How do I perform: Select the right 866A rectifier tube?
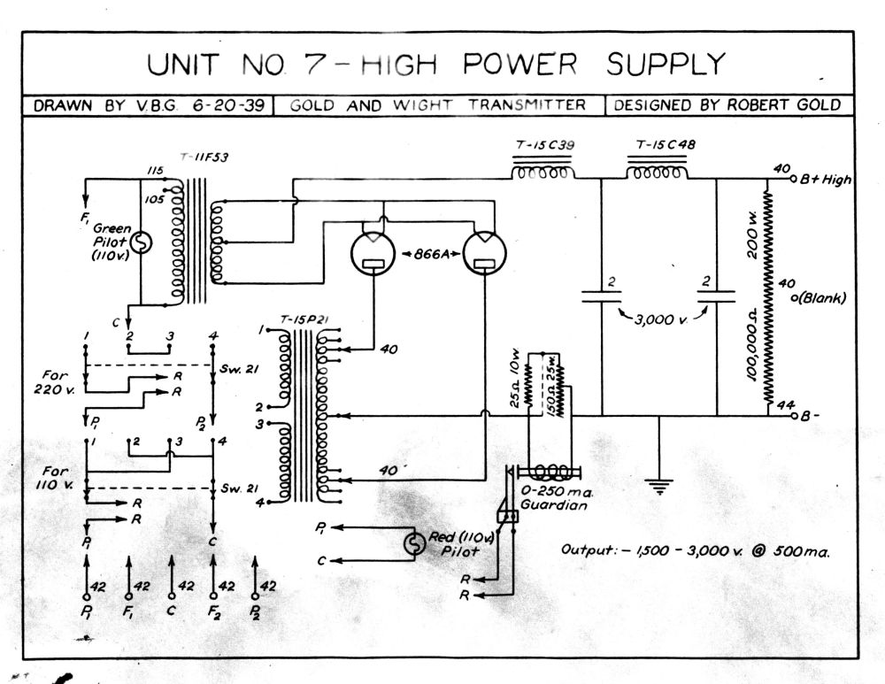[x=484, y=253]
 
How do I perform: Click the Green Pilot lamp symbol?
[x=141, y=242]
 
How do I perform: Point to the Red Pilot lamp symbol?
[x=415, y=543]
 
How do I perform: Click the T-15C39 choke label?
[x=544, y=145]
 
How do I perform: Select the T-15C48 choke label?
[x=666, y=144]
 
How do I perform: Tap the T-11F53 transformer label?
[x=204, y=158]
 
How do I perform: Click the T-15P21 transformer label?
[x=304, y=320]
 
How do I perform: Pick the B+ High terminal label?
[x=826, y=180]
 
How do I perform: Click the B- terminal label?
[x=810, y=417]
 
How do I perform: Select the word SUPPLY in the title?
[x=666, y=64]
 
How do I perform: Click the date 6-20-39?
[x=228, y=105]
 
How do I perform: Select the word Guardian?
[x=554, y=504]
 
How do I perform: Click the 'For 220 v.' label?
[x=55, y=382]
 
